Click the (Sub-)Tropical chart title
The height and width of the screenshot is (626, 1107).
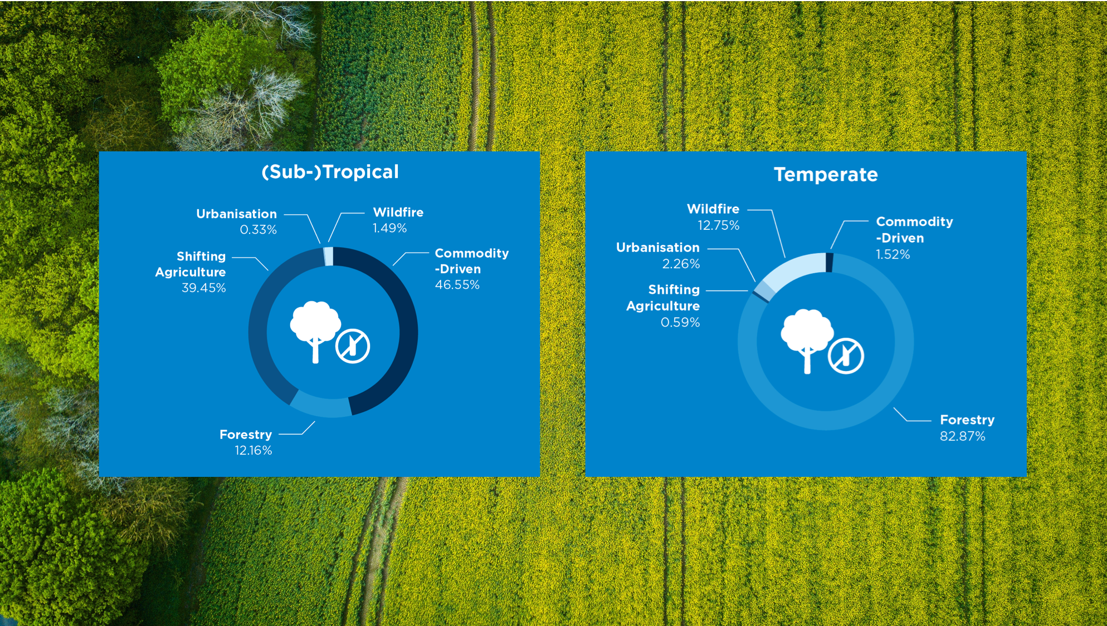point(330,172)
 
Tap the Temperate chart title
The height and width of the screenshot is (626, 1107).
point(826,175)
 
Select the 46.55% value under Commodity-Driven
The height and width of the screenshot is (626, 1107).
point(457,285)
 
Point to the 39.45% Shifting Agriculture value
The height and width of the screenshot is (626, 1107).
point(203,288)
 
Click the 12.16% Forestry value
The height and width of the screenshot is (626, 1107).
point(253,450)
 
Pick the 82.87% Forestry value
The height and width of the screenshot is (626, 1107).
point(962,436)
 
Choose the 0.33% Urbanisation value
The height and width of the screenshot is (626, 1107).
point(258,229)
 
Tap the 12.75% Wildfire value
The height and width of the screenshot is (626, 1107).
point(718,225)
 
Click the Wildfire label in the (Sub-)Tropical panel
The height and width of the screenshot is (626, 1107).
point(398,212)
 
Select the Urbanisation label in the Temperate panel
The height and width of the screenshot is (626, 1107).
point(657,247)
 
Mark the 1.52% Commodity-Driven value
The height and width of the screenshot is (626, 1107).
point(893,254)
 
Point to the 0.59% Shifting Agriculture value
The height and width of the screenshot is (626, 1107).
point(680,322)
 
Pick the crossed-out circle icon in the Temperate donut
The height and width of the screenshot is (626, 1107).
point(846,356)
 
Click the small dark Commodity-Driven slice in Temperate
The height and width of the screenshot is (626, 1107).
point(829,263)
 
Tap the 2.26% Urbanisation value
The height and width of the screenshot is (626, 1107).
point(680,264)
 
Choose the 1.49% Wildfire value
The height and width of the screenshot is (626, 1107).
point(389,228)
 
